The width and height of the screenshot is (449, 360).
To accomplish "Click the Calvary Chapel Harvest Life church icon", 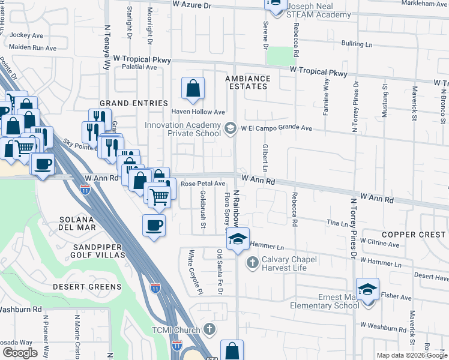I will coord(253,263).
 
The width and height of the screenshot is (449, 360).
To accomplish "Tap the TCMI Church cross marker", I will coord(209,329).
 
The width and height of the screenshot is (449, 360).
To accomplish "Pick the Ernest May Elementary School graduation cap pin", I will coord(367,289).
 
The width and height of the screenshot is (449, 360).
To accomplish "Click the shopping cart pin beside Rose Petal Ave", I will coord(158,196).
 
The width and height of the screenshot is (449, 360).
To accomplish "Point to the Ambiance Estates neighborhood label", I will coord(247,83).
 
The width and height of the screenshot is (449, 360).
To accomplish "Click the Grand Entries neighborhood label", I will coord(133,103).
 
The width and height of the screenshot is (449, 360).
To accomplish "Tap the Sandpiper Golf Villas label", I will coord(98,251).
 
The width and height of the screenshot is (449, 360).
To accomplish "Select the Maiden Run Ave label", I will coord(33,47).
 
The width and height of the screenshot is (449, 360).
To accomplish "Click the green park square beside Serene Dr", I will coord(277,56).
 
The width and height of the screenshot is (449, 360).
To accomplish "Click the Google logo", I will coord(20,352).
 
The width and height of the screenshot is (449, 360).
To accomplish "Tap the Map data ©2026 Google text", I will coord(411,355).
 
